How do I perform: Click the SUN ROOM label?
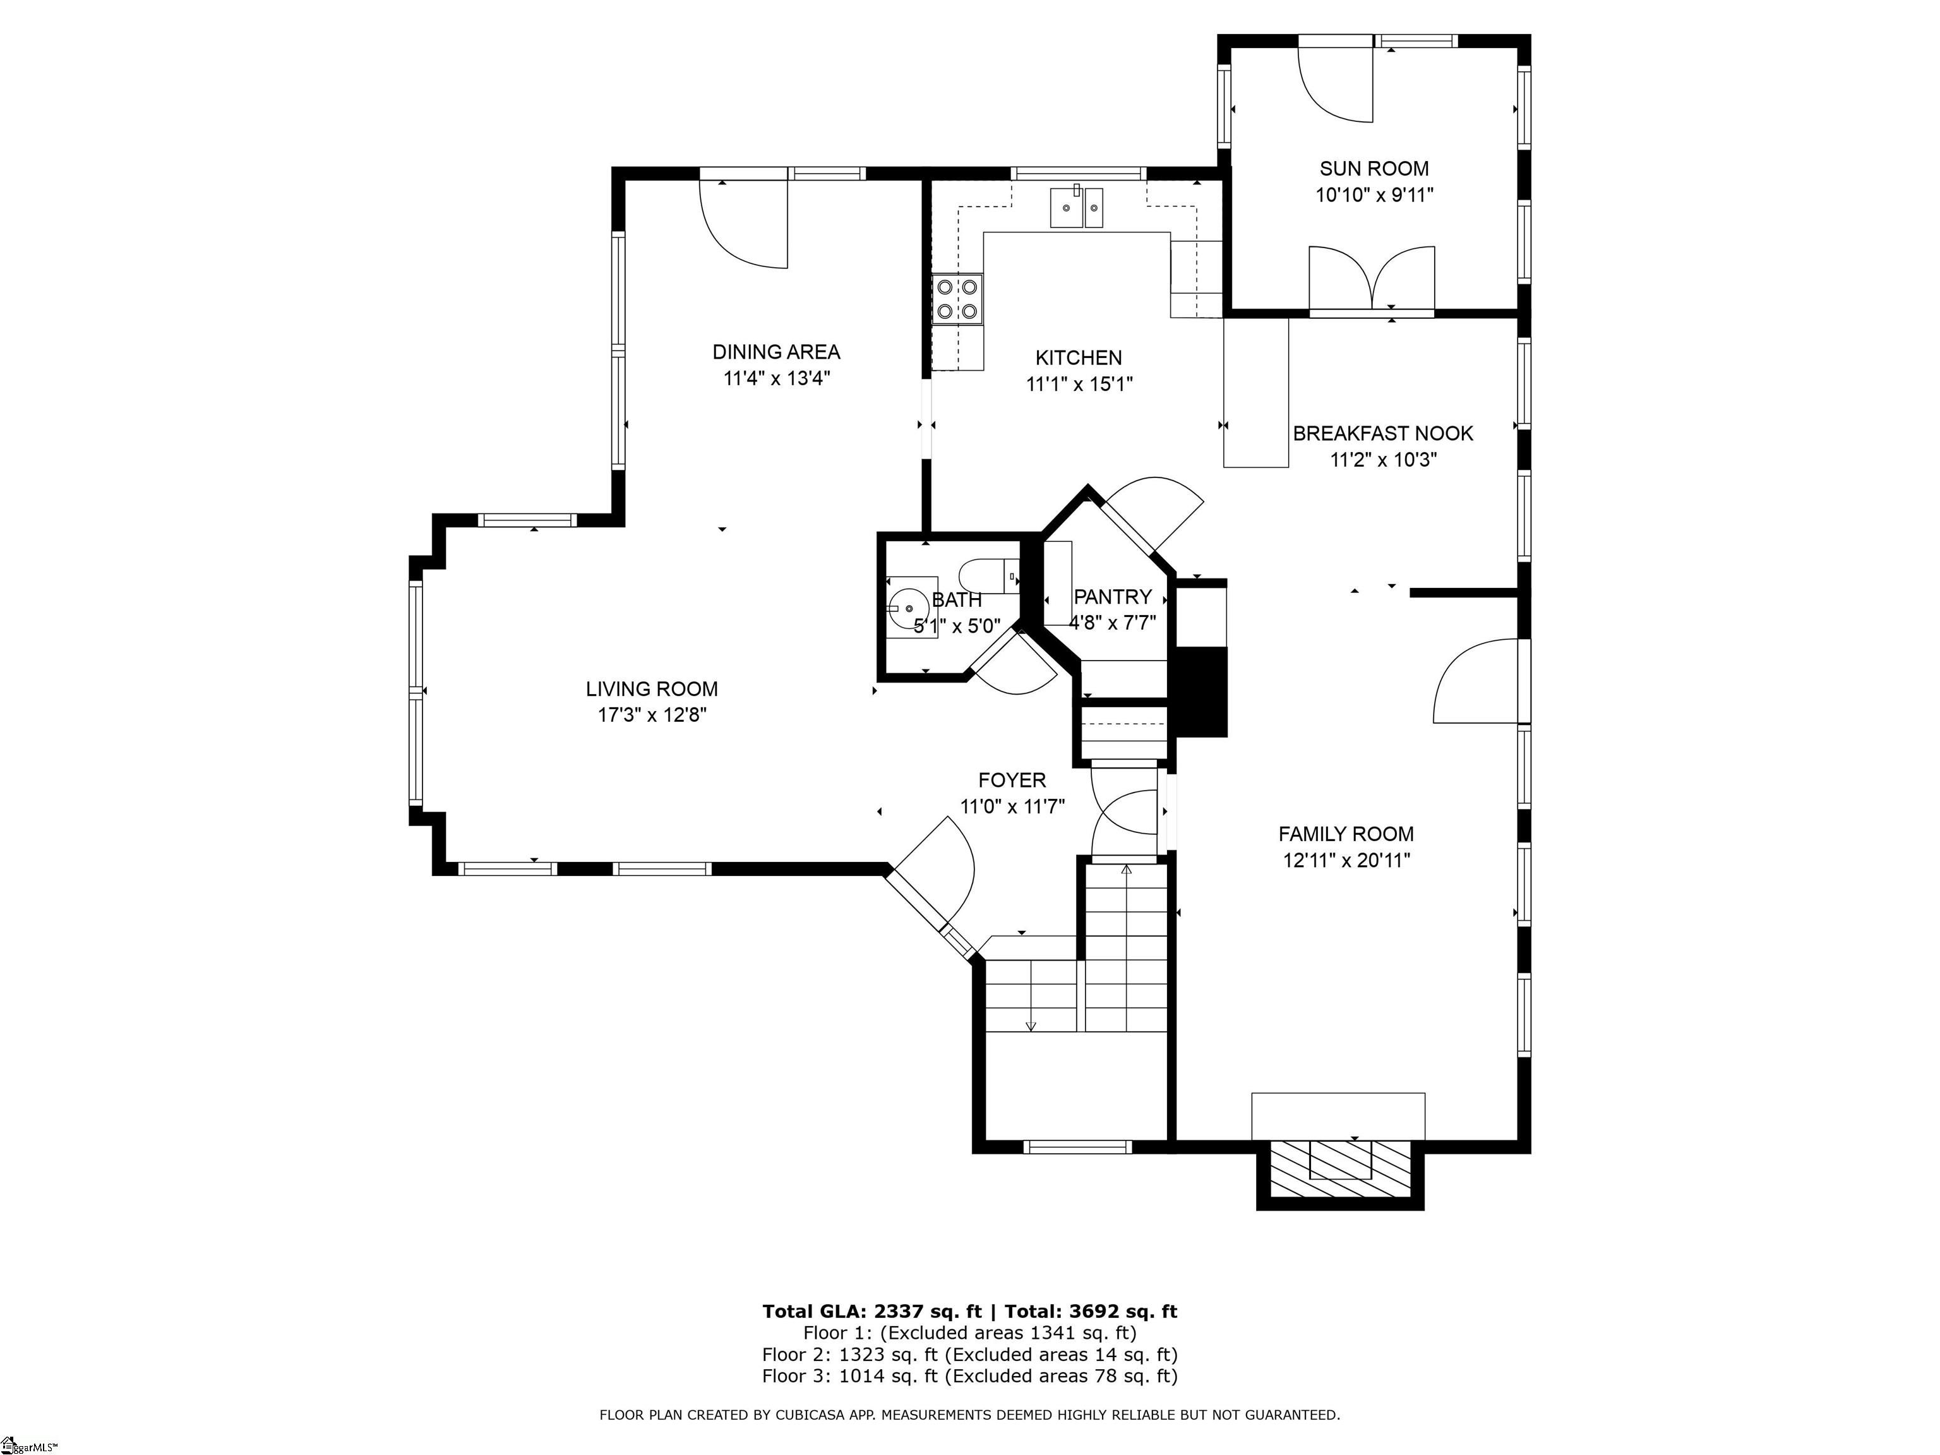coord(1374,169)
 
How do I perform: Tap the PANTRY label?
coord(1112,597)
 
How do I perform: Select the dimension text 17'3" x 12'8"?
coord(652,716)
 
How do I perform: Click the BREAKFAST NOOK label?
coord(1382,433)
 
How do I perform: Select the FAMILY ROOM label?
coord(1345,834)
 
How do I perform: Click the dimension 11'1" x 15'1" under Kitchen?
coord(1079,384)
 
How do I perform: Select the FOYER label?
coord(1012,781)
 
